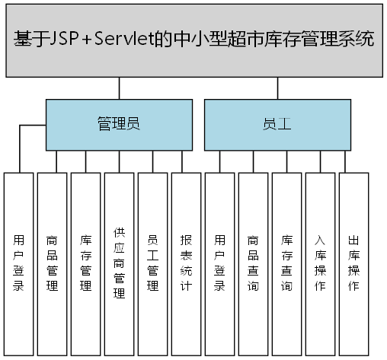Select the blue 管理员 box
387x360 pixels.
118,125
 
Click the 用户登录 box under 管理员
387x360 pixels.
18,263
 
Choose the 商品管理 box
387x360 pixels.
52,263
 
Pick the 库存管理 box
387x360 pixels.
85,263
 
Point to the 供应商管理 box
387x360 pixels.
119,263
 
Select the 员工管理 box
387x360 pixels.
152,263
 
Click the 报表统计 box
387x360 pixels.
186,263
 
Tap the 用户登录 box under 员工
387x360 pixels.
219,263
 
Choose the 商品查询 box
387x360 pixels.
253,263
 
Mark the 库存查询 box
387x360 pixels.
286,263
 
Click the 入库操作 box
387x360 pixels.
320,263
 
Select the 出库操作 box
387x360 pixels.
353,263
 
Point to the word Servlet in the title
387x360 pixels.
129,39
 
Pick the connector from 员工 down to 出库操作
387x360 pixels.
353,161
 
